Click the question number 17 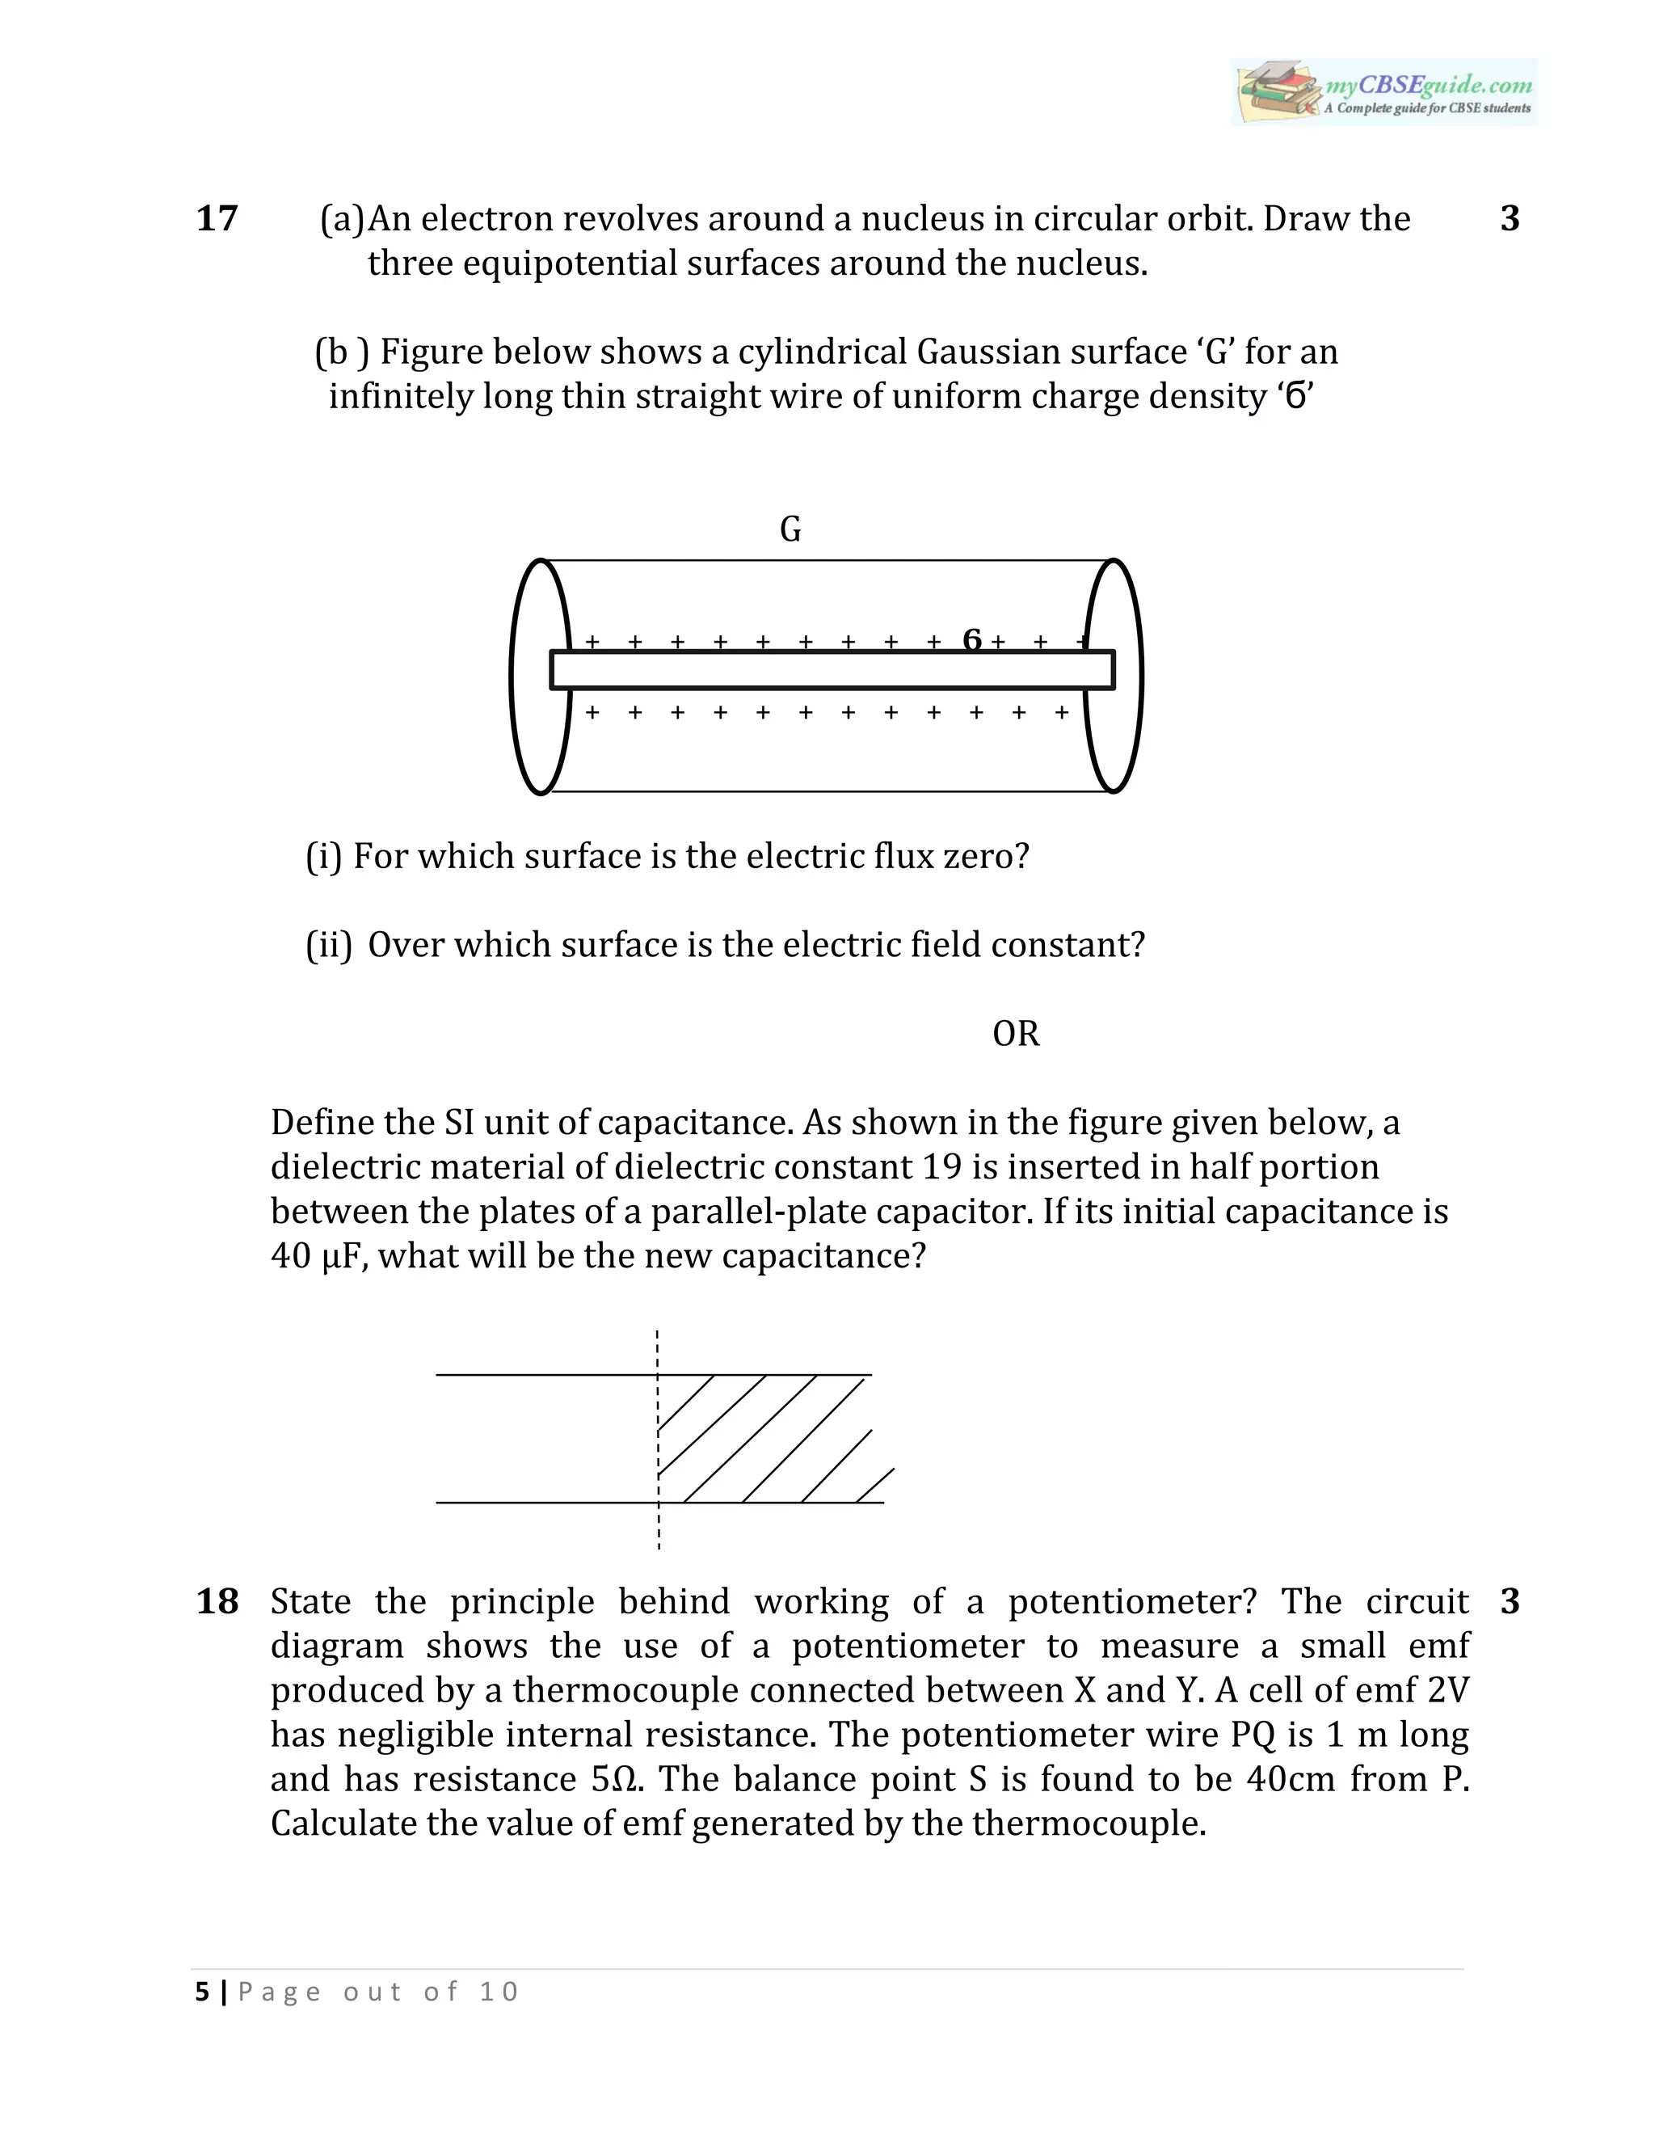[217, 219]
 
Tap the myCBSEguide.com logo [1383, 92]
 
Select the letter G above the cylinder [790, 529]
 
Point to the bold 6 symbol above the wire [971, 640]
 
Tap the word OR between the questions [1015, 1034]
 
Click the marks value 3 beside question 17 [1509, 219]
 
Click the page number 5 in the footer [202, 1992]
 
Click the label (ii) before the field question [328, 946]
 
